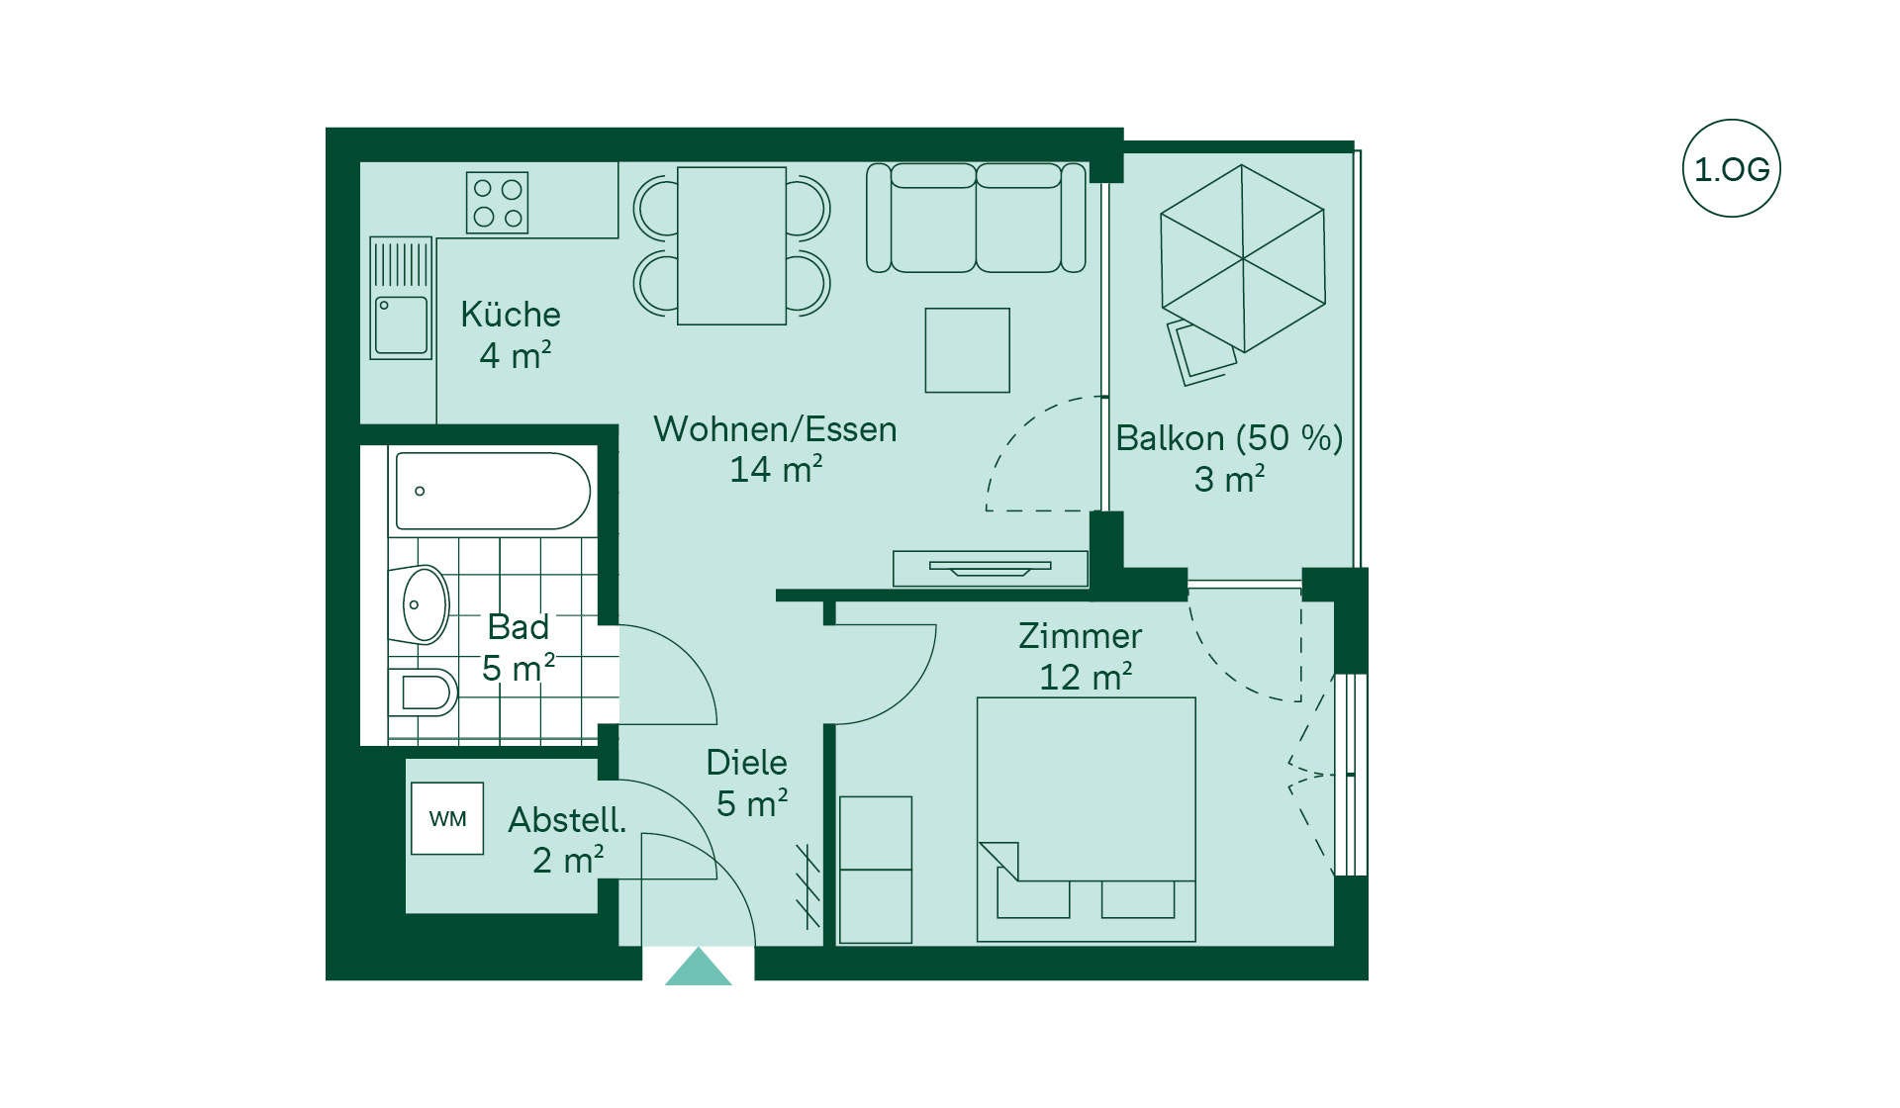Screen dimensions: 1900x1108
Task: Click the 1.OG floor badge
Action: click(x=1731, y=168)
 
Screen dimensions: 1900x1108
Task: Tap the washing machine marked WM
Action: click(x=447, y=818)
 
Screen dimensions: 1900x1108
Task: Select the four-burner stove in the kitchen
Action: click(x=497, y=203)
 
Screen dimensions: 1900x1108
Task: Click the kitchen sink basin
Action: click(x=402, y=325)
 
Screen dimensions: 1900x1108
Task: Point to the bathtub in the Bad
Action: click(x=493, y=491)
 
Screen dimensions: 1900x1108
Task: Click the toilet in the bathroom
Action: click(x=423, y=692)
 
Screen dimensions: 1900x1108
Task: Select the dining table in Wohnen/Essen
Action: click(x=731, y=245)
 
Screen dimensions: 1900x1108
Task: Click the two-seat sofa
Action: click(x=976, y=218)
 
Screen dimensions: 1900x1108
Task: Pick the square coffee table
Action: click(x=967, y=350)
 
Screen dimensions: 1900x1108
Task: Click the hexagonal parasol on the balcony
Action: click(x=1242, y=258)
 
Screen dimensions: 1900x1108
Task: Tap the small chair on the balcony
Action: click(x=1200, y=351)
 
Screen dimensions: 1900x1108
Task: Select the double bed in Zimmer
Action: click(x=1086, y=819)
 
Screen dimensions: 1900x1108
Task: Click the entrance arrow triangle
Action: click(x=699, y=968)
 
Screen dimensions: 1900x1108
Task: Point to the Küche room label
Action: click(x=511, y=315)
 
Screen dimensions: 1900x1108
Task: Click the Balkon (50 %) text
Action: click(x=1229, y=438)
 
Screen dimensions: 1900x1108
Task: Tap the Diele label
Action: click(x=746, y=763)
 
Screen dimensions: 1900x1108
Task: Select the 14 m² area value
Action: click(x=776, y=469)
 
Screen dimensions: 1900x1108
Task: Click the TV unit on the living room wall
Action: click(x=990, y=568)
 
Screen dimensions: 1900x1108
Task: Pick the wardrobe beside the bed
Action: click(x=875, y=870)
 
